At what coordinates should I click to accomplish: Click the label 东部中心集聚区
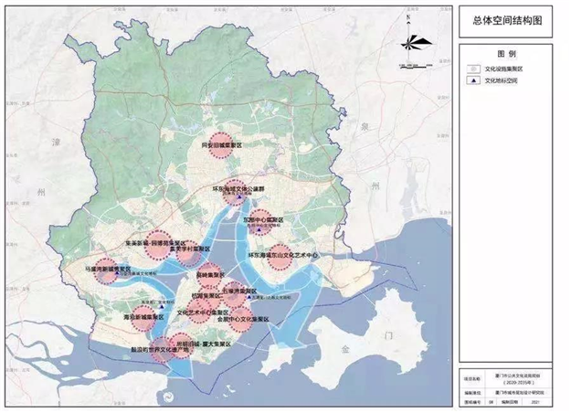pos(267,220)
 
